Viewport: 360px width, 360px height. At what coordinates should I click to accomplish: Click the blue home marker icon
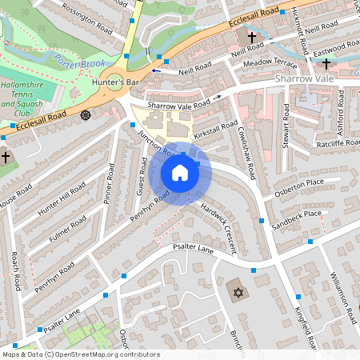(180, 173)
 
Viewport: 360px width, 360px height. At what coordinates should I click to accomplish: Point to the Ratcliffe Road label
(335, 145)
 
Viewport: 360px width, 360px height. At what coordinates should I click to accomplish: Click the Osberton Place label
(299, 182)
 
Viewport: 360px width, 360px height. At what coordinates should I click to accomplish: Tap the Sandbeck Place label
(297, 214)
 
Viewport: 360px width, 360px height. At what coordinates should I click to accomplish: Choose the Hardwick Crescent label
(218, 226)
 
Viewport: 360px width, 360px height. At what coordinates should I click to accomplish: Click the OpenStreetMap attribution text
(80, 354)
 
